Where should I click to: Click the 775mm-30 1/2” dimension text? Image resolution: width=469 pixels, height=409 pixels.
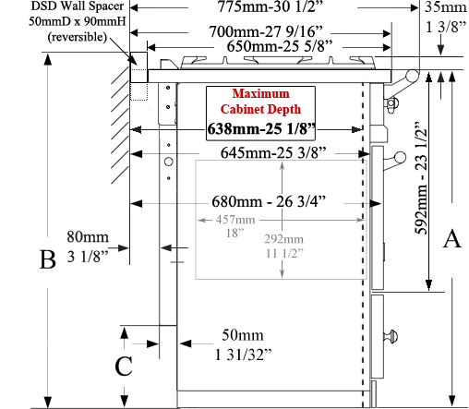[x=271, y=6]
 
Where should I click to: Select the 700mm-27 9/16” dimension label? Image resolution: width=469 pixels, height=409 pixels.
[x=266, y=31]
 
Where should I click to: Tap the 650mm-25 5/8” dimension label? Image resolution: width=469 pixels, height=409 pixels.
[x=280, y=46]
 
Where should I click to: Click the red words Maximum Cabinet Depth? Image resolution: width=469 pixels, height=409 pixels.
[x=260, y=102]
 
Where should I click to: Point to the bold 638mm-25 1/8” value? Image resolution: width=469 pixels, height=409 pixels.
[x=261, y=128]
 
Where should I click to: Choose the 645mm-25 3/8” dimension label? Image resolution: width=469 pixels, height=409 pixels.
[x=273, y=152]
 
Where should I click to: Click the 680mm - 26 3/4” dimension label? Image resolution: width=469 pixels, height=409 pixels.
[x=269, y=201]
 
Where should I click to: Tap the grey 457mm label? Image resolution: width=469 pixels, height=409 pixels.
[x=235, y=220]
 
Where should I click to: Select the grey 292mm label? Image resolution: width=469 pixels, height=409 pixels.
[x=283, y=239]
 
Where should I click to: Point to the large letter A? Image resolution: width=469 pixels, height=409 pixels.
[x=452, y=239]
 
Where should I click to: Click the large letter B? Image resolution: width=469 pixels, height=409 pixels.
[x=48, y=259]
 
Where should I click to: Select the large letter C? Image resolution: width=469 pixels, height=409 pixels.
[x=124, y=366]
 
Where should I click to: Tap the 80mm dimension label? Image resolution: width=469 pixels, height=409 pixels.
[x=88, y=237]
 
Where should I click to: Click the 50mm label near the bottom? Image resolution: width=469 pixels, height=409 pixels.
[x=243, y=335]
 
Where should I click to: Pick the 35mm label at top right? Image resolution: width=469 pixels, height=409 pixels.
[x=446, y=7]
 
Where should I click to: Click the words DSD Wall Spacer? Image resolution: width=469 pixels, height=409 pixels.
[x=78, y=6]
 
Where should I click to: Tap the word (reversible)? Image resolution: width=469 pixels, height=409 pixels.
[x=78, y=37]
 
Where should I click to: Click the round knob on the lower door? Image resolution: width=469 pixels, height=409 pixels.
[x=391, y=336]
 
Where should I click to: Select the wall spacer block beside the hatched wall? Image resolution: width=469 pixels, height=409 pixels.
[x=138, y=67]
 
